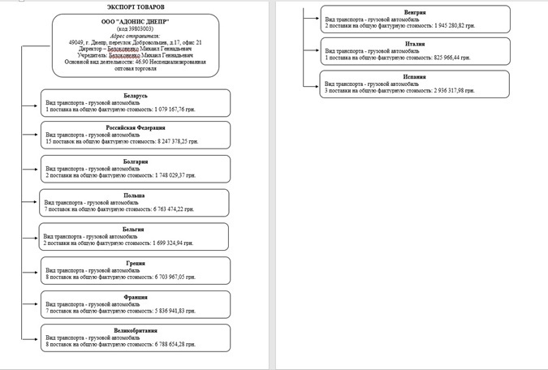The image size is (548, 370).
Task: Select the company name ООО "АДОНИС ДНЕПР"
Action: (135, 21)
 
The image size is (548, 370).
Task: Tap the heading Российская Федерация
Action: (135, 127)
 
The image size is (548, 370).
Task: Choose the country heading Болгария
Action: (135, 161)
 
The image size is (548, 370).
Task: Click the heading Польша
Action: (135, 196)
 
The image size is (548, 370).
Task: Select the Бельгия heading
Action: (135, 230)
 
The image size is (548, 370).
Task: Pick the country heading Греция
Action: (135, 264)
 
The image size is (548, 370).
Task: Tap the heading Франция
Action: (135, 298)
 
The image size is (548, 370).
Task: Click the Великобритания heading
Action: (135, 331)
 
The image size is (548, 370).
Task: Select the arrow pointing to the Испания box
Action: (313, 84)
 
